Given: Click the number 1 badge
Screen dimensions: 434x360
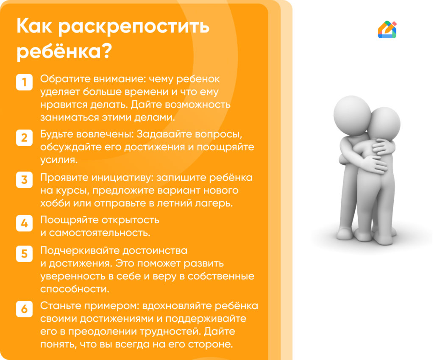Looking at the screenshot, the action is tap(24, 82).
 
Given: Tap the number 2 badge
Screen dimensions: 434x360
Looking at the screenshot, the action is tap(24, 138).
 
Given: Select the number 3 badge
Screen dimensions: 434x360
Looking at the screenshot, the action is tap(24, 180).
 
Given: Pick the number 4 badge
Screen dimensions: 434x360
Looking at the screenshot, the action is tap(24, 223).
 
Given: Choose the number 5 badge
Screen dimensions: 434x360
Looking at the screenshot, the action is tap(24, 254).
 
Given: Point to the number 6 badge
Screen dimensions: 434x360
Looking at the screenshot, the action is tap(24, 309).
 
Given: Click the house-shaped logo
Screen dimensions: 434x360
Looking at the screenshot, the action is tap(387, 29).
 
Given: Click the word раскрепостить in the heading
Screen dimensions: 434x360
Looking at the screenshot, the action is tap(134, 27).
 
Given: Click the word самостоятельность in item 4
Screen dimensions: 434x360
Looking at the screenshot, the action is tap(99, 233).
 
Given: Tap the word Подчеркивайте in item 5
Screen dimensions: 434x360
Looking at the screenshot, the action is tap(80, 251).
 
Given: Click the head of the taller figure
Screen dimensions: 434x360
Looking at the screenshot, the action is tap(352, 113).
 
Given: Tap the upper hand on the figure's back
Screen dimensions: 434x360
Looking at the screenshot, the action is tap(384, 147).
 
